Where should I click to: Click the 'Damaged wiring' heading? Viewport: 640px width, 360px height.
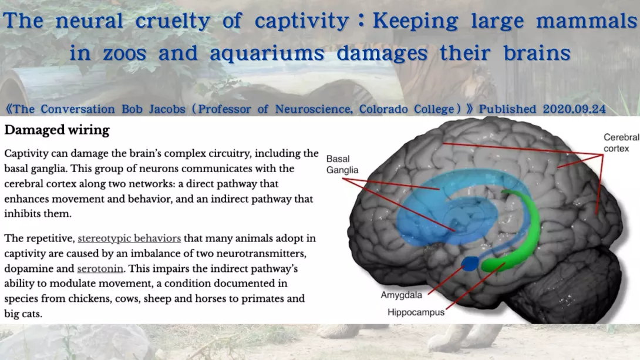coord(57,130)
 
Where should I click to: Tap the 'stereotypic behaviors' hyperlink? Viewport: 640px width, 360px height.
coord(129,238)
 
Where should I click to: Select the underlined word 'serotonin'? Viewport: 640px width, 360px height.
coord(100,268)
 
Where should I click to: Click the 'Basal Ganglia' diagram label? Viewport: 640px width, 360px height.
coord(342,164)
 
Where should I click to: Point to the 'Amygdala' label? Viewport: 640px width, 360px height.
coord(401,295)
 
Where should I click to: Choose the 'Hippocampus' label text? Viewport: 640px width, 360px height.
coord(416,312)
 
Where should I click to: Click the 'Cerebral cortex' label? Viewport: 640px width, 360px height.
coord(621,143)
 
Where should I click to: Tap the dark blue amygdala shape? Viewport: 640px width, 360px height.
coord(470,264)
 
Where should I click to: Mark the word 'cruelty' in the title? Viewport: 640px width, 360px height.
coord(173,21)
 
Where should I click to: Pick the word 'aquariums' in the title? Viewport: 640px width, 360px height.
coord(267,53)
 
